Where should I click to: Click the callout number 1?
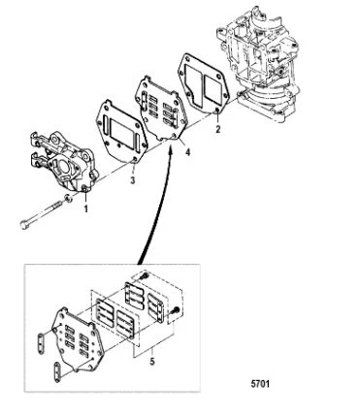pyautogui.click(x=86, y=209)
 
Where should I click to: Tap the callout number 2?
pyautogui.click(x=218, y=129)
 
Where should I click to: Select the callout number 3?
pyautogui.click(x=133, y=180)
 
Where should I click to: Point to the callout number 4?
pyautogui.click(x=187, y=152)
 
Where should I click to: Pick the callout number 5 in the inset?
pyautogui.click(x=152, y=361)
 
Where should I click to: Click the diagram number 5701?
pyautogui.click(x=260, y=384)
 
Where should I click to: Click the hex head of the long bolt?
pyautogui.click(x=24, y=225)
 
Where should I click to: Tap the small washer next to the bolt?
pyautogui.click(x=68, y=198)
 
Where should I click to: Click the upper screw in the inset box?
pyautogui.click(x=145, y=275)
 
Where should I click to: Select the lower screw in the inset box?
pyautogui.click(x=176, y=309)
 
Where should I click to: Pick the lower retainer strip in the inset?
pyautogui.click(x=57, y=372)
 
